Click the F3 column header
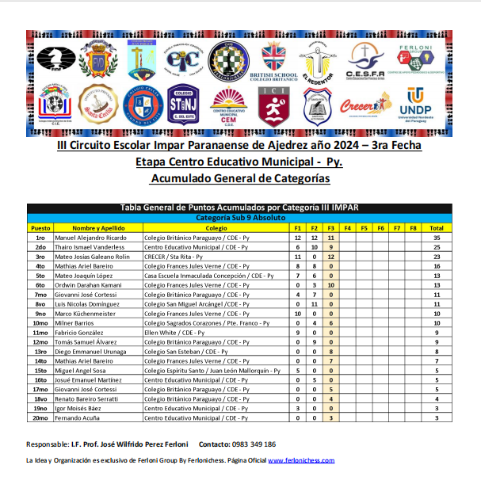[x=330, y=228]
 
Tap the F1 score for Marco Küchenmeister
[x=297, y=314]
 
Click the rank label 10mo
[x=40, y=323]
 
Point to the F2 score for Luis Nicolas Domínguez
[x=314, y=304]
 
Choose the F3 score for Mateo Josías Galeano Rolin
[x=330, y=257]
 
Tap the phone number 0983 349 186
[x=249, y=444]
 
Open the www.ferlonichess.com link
[x=301, y=460]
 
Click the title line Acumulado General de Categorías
[x=240, y=180]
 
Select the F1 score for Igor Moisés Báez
[x=297, y=409]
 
